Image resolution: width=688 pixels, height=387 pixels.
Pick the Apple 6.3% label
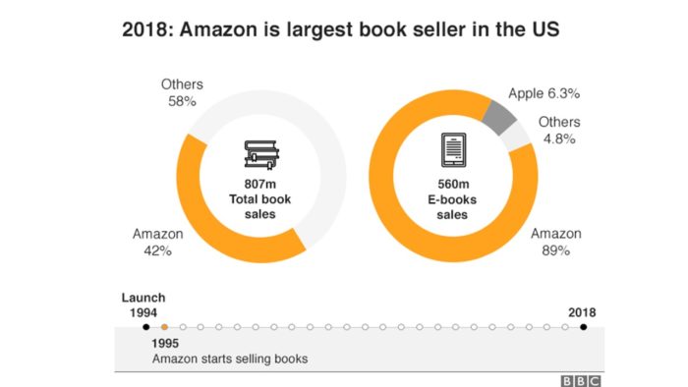tap(544, 94)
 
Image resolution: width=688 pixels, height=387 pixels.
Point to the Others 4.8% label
tap(559, 130)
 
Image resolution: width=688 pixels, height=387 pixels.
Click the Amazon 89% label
tap(556, 243)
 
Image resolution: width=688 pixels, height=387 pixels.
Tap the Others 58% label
tap(182, 93)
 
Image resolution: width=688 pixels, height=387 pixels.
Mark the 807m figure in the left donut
tap(260, 184)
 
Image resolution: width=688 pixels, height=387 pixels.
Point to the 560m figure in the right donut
tap(452, 184)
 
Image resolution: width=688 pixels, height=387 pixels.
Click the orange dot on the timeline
tap(164, 327)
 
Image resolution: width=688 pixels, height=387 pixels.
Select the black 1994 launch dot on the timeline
tap(145, 327)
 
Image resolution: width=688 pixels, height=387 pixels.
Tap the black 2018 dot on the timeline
tap(583, 327)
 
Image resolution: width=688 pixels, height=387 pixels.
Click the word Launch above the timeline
tap(143, 298)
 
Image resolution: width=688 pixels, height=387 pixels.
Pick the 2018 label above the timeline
tap(582, 312)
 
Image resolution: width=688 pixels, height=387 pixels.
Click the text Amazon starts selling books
tap(230, 359)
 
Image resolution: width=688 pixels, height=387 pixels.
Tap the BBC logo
tap(581, 379)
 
